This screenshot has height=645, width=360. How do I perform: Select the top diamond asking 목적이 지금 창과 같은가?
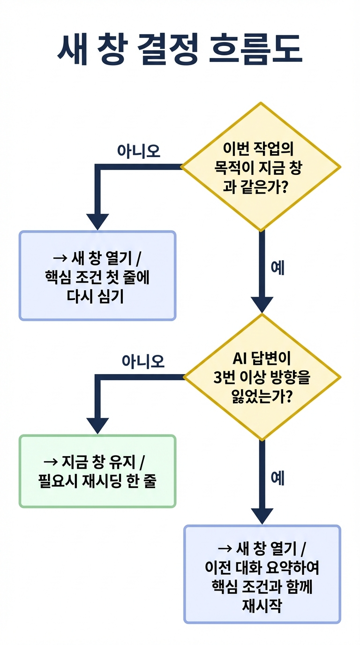[261, 167]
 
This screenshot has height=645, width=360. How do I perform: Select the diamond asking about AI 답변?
[262, 377]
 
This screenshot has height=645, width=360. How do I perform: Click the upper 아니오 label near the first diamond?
[138, 151]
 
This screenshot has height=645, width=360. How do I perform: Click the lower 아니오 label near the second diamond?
[143, 361]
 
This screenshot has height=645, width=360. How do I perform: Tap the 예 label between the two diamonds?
[277, 269]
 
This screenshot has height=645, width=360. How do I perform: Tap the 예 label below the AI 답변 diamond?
[277, 479]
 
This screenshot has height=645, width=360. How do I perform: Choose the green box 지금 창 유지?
[97, 471]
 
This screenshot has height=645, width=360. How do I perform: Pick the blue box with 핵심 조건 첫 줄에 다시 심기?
[97, 276]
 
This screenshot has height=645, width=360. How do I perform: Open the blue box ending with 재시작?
[262, 574]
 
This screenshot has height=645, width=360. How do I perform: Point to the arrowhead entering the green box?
[97, 425]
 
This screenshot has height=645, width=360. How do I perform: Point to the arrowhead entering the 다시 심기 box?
[97, 221]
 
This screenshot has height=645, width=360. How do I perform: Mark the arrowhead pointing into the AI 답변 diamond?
[262, 304]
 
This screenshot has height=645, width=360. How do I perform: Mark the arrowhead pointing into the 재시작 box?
[262, 515]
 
